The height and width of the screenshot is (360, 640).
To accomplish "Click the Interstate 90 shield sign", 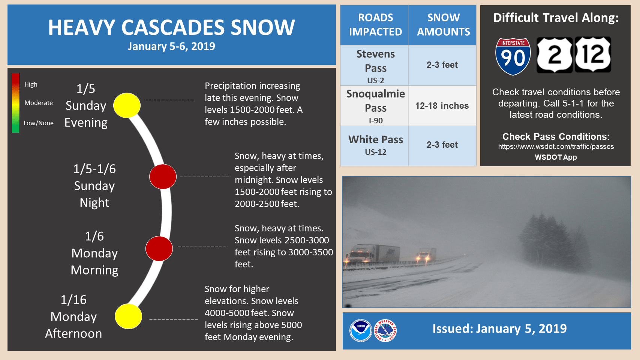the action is pos(513,57).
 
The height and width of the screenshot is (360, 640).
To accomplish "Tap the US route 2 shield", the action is pos(554,55).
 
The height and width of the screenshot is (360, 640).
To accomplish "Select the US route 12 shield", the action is pos(593,55).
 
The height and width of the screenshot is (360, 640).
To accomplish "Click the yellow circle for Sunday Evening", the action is pos(127,105).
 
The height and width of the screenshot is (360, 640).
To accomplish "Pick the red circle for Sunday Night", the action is pos(163,177).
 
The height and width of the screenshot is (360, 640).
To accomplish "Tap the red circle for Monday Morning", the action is pos(159,249).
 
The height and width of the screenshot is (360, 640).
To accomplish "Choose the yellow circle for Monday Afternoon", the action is pos(128,316).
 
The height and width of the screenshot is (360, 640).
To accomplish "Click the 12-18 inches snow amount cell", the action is pos(442,106).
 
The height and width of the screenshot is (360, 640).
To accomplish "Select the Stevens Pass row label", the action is pos(375,66).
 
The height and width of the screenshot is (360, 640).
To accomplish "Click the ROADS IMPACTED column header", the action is pos(375,25).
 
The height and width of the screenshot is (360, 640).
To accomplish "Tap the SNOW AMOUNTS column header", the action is pos(443,25).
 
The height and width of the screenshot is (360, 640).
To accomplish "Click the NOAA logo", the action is pos(361,331).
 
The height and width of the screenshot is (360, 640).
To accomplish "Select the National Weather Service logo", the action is pos(385,331).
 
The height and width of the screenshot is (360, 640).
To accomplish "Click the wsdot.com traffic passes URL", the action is pos(556,147).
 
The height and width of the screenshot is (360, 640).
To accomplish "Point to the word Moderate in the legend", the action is pos(39,103).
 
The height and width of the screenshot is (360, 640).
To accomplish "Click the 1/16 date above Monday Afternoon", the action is pos(73,300).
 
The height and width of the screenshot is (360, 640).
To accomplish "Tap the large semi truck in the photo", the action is pos(373,254).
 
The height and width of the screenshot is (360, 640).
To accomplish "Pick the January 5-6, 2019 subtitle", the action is pos(171,46).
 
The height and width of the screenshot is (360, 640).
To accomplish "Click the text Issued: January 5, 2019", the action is pos(499,328).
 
